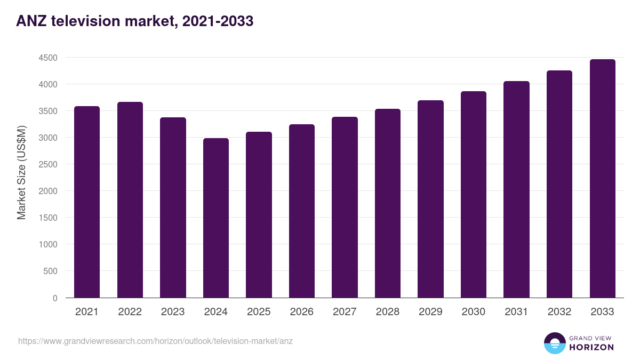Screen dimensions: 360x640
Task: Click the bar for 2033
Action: tap(602, 178)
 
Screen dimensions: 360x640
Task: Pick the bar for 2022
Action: tap(130, 199)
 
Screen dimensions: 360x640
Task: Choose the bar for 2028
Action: tap(388, 203)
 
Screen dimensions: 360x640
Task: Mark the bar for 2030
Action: tap(474, 194)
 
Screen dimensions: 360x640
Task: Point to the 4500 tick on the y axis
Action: tap(47, 58)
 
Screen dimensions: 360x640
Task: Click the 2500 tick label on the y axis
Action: tap(47, 164)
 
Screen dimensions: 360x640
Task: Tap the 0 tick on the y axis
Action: tap(55, 298)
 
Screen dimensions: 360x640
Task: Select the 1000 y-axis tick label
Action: tap(47, 244)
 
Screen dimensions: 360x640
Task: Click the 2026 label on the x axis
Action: tap(302, 312)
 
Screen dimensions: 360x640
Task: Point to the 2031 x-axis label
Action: tap(516, 312)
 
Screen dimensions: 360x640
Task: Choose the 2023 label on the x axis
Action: tap(173, 312)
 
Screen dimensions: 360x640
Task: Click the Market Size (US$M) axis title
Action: tap(21, 172)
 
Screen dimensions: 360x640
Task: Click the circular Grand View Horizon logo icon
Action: tap(555, 343)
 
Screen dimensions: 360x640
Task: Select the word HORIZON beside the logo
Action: tap(592, 347)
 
